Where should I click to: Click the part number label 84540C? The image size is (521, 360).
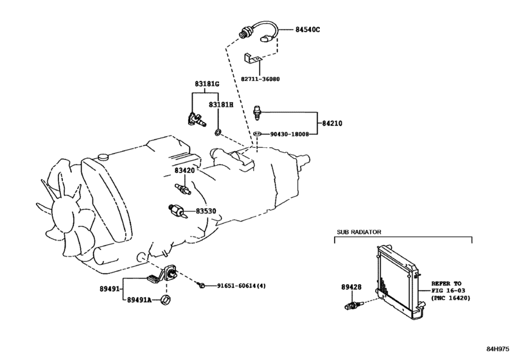tap(308, 30)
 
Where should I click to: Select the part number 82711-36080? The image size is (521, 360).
tap(260, 79)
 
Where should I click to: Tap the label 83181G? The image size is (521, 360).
tap(207, 84)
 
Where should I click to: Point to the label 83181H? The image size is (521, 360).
tap(221, 105)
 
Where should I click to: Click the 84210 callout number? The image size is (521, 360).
tap(332, 123)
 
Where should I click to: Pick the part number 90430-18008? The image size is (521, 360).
tap(289, 134)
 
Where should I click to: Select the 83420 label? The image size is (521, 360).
tap(185, 170)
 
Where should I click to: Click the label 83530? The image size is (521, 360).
tap(206, 211)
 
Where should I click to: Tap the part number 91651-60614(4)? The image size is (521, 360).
tap(242, 285)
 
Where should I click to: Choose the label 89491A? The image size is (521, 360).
tap(139, 300)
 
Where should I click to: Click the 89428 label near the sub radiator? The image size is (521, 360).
tap(351, 287)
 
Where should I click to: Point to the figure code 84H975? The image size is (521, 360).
tap(498, 349)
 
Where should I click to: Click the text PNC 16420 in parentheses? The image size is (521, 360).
tap(452, 298)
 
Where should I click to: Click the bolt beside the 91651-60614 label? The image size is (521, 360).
tap(201, 285)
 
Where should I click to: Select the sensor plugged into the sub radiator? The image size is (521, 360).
tap(353, 305)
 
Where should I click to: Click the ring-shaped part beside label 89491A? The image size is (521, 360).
tap(166, 299)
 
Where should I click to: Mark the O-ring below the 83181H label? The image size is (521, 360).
tap(218, 132)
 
